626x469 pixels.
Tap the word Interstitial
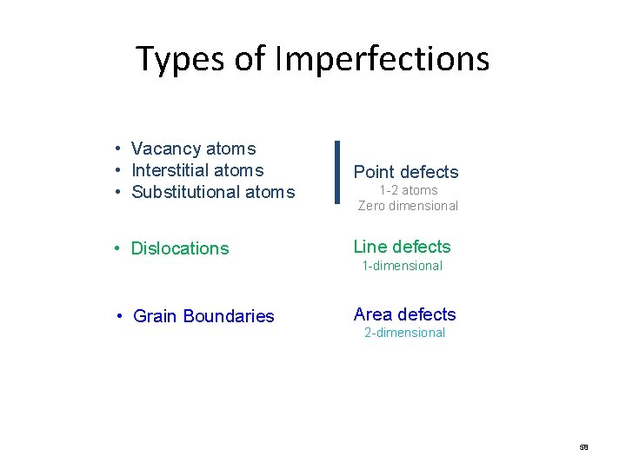click(172, 170)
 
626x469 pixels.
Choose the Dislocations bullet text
click(180, 248)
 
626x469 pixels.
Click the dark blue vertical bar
click(337, 172)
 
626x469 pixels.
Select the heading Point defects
click(405, 172)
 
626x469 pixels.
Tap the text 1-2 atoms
click(408, 190)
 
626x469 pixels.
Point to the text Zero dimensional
click(408, 206)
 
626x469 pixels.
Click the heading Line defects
click(402, 247)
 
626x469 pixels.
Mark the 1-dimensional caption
click(402, 266)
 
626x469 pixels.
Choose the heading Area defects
click(404, 314)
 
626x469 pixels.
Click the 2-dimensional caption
click(404, 333)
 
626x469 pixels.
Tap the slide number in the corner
click(583, 447)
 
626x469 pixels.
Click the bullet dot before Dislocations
click(117, 248)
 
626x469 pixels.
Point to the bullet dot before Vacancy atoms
click(117, 149)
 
